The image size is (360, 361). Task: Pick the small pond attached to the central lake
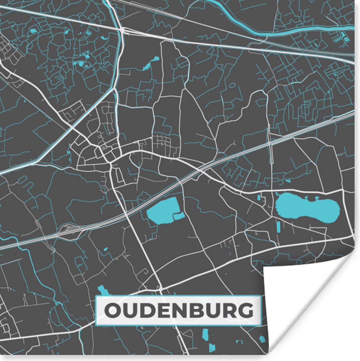pyautogui.click(x=179, y=216)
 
